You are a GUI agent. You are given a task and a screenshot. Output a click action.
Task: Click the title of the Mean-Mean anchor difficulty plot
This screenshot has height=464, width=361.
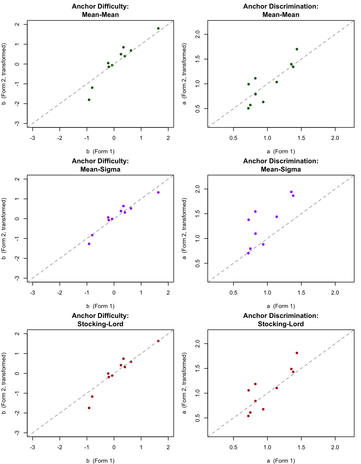click(x=100, y=10)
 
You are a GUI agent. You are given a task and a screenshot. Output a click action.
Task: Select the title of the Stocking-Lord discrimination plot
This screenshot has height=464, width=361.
click(x=281, y=320)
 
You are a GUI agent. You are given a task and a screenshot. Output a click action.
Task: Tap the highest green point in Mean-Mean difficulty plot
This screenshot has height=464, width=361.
click(x=158, y=28)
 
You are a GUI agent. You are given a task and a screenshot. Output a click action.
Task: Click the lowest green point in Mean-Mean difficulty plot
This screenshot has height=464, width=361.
click(x=89, y=100)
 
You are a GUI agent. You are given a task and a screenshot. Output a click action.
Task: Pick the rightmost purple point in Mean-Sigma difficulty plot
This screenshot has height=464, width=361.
click(x=158, y=193)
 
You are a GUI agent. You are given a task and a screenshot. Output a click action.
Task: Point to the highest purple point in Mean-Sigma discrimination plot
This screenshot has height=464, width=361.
click(x=291, y=192)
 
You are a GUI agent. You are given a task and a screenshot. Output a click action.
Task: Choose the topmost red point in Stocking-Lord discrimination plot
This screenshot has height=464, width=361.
click(x=297, y=353)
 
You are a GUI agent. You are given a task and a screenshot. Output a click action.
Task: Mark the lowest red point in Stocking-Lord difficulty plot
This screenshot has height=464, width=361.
click(x=89, y=408)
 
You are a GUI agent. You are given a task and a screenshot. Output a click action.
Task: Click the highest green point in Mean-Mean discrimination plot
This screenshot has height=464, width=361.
click(x=297, y=49)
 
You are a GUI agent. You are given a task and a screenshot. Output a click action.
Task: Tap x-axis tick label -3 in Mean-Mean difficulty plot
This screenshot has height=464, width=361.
click(x=33, y=138)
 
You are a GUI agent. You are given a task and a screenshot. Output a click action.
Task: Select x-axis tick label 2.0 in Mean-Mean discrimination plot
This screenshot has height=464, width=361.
click(x=335, y=138)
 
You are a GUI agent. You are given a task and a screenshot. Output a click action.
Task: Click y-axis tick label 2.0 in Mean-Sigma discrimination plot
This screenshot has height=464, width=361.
click(x=198, y=189)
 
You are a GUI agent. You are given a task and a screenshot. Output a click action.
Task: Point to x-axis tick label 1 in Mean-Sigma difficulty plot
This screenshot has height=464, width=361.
click(x=141, y=293)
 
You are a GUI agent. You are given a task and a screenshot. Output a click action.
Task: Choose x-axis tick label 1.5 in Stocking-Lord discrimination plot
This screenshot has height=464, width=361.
click(x=301, y=448)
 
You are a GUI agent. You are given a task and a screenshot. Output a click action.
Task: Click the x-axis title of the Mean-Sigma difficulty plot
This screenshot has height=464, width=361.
click(x=100, y=306)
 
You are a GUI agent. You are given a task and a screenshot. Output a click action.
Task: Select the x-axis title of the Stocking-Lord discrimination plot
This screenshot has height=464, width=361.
click(x=281, y=461)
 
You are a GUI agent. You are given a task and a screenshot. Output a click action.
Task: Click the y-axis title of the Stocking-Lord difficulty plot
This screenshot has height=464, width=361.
click(x=4, y=383)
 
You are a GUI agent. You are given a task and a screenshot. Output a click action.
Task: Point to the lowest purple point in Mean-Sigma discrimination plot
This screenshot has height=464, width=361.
click(x=248, y=253)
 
